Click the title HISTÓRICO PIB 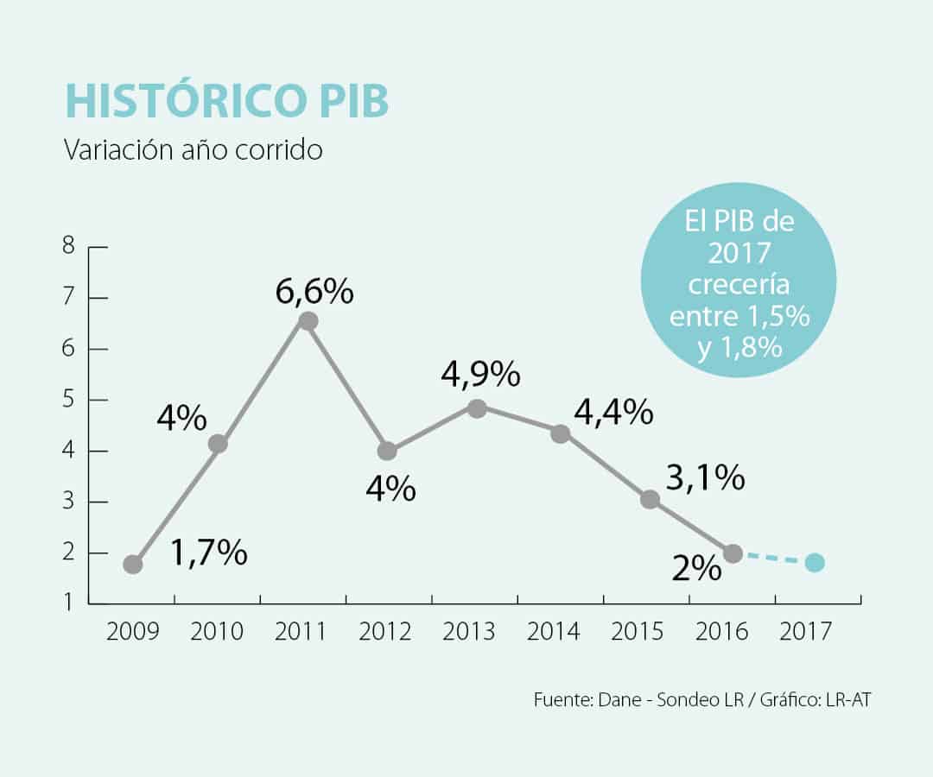[226, 101]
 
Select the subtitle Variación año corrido [194, 149]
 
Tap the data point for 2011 [307, 321]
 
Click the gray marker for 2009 [133, 565]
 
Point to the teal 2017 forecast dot [815, 563]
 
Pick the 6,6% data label [314, 292]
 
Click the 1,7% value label [209, 553]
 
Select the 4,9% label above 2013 [480, 374]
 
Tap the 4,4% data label [612, 414]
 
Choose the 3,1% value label [705, 477]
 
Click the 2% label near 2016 [698, 567]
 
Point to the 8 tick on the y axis [69, 247]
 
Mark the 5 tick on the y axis [69, 400]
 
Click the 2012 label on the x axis [384, 631]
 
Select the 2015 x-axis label [638, 631]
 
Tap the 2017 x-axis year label [805, 631]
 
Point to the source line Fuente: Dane [701, 700]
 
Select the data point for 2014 [561, 433]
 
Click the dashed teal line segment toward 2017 [773, 559]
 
